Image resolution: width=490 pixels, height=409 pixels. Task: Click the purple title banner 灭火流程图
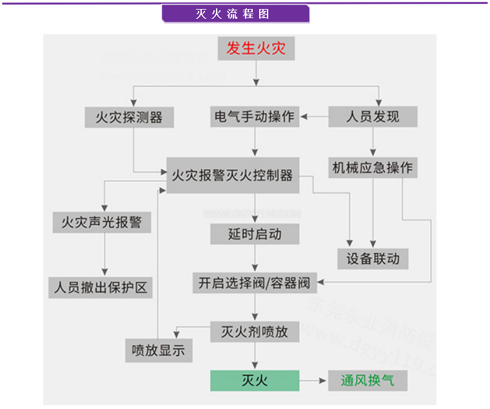point(235,14)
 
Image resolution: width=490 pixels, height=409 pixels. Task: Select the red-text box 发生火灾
point(256,48)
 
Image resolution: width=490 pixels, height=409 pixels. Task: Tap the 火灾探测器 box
point(129,117)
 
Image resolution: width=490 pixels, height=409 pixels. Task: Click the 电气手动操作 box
point(254,117)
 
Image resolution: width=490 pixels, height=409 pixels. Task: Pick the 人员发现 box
point(373,117)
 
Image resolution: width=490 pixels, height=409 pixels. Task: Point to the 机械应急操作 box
point(372,168)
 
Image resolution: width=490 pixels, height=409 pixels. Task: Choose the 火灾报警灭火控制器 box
point(233,175)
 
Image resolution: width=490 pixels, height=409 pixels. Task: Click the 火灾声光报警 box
point(102,223)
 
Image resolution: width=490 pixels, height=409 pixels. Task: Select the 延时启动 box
point(255,234)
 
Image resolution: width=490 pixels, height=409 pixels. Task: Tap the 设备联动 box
point(373,259)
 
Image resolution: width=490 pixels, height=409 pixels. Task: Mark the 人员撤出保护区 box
point(99,287)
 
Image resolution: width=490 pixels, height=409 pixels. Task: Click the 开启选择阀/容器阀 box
point(255,283)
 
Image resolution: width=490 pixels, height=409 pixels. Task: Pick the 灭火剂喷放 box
point(255,332)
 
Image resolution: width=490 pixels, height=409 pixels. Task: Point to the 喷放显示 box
point(158,350)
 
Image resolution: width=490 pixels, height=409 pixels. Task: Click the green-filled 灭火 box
point(255,381)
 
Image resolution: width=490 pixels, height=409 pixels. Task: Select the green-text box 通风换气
point(367,381)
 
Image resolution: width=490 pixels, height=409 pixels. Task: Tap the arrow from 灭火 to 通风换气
point(313,381)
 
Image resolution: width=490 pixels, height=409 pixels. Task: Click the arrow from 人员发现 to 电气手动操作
point(313,117)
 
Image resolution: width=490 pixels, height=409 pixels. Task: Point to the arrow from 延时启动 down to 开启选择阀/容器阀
point(255,258)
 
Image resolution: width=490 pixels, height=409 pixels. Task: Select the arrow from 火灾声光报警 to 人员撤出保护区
point(103,254)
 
